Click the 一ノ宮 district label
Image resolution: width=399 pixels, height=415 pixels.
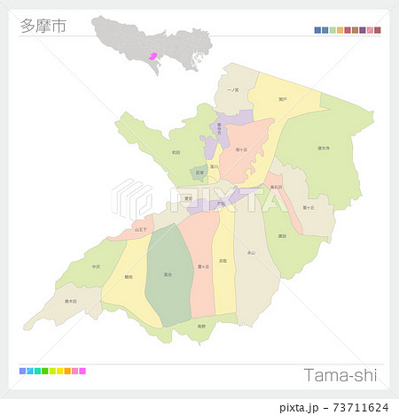click(x=232, y=90)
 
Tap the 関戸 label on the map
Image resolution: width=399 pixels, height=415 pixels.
click(x=282, y=99)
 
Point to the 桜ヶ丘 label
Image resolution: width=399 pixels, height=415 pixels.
click(x=240, y=150)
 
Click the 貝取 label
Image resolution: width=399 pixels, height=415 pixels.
click(x=223, y=261)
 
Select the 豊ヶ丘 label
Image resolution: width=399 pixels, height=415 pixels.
click(x=203, y=265)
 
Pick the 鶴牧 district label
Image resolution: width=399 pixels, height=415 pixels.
click(x=129, y=277)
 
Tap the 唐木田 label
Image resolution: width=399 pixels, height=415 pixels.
click(x=72, y=301)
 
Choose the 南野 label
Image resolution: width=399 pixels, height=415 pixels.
click(x=202, y=326)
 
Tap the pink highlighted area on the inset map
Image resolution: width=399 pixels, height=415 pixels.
click(x=153, y=55)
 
